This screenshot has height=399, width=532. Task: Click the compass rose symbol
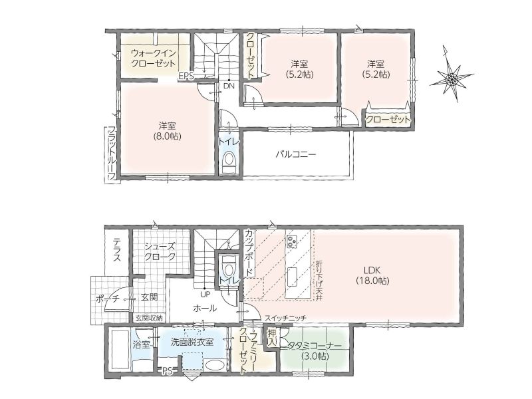point(451,79)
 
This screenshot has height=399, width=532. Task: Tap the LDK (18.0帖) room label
point(372,275)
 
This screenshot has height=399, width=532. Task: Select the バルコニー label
point(295,155)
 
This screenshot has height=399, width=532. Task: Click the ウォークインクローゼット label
point(153,58)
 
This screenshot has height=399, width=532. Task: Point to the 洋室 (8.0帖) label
point(167,130)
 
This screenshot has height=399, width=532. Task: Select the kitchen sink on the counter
point(291,277)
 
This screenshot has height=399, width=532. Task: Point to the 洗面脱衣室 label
point(192,342)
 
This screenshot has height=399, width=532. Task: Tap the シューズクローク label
point(160,251)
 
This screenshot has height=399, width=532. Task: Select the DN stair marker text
point(229,86)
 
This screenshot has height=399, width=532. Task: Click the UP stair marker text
point(205,294)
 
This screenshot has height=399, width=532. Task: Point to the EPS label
point(187,76)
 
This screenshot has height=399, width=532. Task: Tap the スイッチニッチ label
point(285,319)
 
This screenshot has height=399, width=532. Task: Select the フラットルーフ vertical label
point(112,154)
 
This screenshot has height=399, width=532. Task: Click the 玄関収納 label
point(149,319)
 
